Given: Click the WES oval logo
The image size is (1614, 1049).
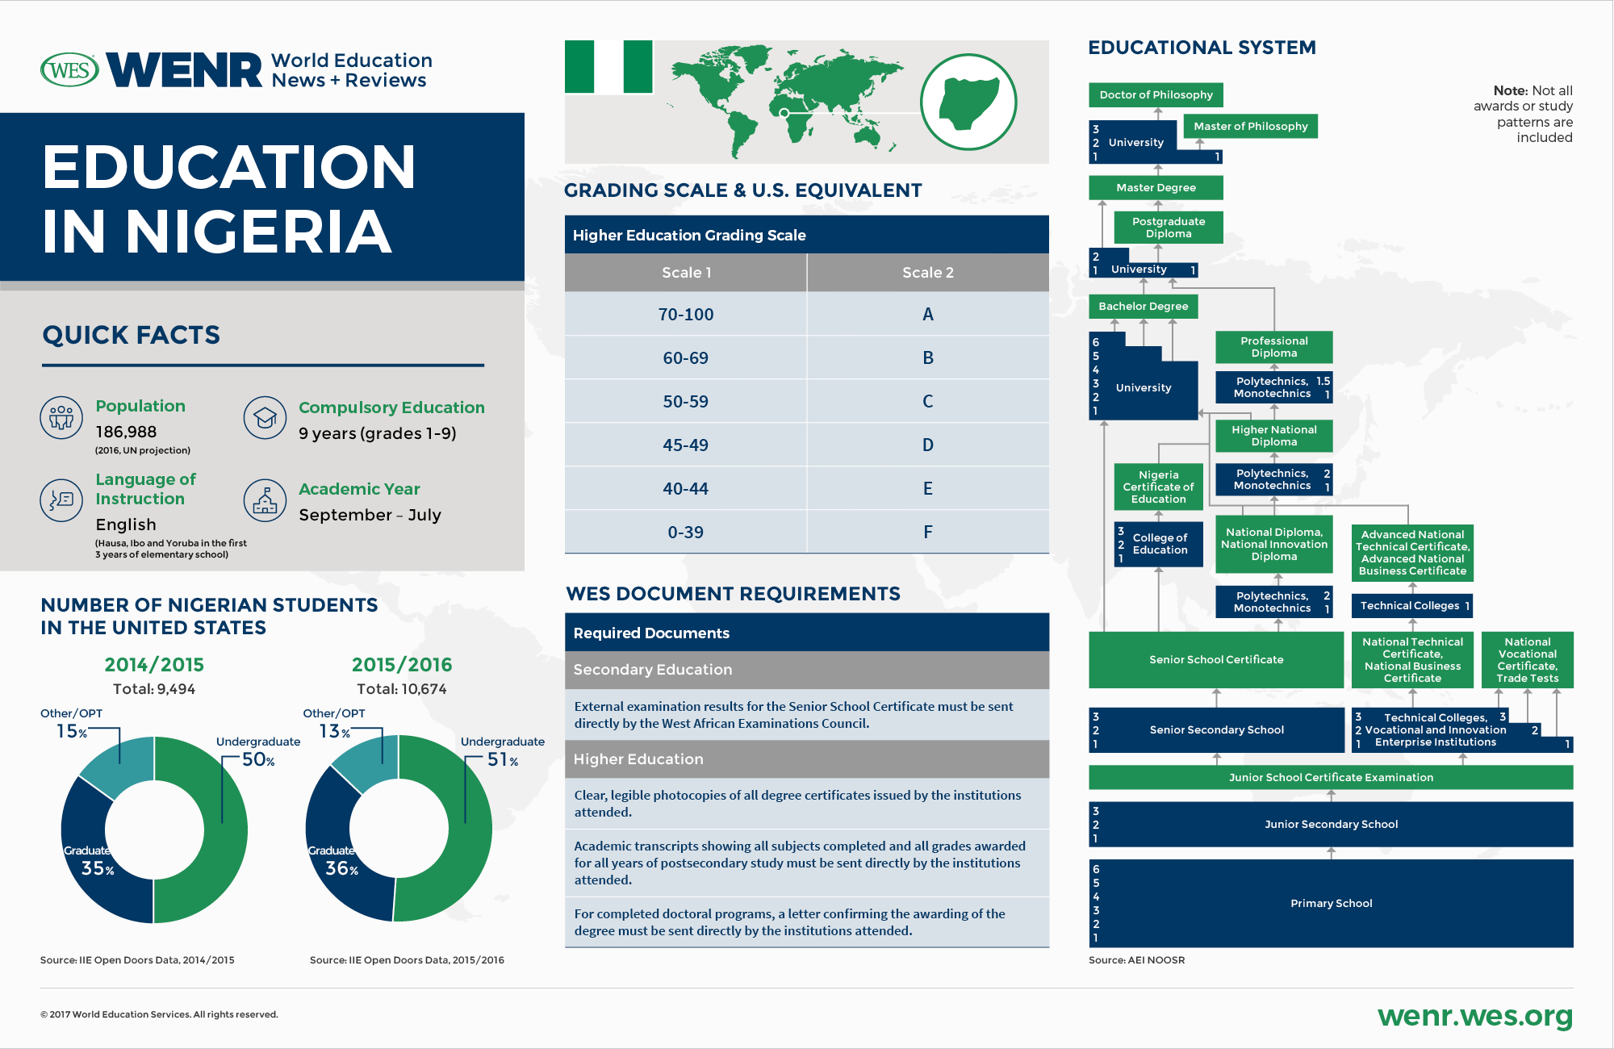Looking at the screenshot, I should [69, 70].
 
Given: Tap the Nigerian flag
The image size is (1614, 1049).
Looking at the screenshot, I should [608, 67].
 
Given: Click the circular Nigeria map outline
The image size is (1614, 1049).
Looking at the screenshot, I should [968, 102].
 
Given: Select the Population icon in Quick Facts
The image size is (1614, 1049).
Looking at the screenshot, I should [61, 417].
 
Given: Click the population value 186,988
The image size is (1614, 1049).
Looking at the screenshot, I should [126, 432].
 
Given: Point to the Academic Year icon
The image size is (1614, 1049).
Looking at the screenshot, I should [265, 500].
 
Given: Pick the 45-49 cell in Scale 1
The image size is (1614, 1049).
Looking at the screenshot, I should [685, 445].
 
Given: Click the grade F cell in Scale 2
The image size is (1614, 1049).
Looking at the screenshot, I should [927, 532].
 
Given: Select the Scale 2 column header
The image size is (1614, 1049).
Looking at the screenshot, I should [927, 273].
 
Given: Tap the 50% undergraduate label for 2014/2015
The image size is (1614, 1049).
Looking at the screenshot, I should [258, 759].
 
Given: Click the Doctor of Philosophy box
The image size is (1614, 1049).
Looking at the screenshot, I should [1156, 94].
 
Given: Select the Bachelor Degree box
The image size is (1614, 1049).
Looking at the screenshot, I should [1143, 307].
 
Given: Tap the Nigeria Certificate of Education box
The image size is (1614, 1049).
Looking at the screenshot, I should [1158, 487].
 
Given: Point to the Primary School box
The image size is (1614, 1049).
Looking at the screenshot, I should [1331, 903].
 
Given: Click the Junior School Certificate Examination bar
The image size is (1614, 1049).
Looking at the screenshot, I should [1331, 777].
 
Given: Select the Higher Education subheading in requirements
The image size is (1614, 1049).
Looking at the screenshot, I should [638, 759].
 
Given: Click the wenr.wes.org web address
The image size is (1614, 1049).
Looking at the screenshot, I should [1474, 1016].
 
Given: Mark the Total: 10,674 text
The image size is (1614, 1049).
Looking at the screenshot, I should [401, 689].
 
